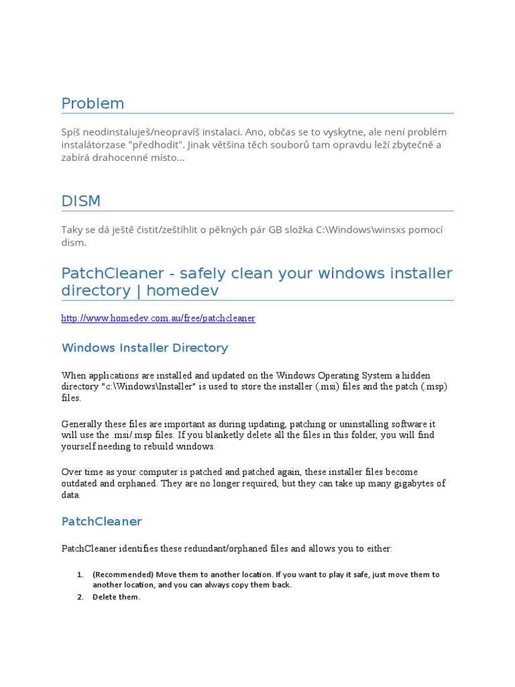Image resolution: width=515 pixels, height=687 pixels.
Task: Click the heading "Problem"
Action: [93, 104]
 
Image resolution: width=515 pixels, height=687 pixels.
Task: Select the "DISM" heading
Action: [81, 201]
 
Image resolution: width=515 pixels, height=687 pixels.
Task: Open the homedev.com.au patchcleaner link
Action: [158, 318]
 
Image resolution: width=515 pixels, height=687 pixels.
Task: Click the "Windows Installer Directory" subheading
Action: [145, 348]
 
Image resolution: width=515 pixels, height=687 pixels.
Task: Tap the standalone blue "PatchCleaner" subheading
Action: [101, 521]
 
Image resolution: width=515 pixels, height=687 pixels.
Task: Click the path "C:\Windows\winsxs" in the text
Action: [357, 230]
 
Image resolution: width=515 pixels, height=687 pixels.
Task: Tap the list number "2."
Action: [80, 597]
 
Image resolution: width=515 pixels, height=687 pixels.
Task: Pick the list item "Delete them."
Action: [117, 597]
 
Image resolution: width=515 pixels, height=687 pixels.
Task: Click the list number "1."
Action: [80, 574]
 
